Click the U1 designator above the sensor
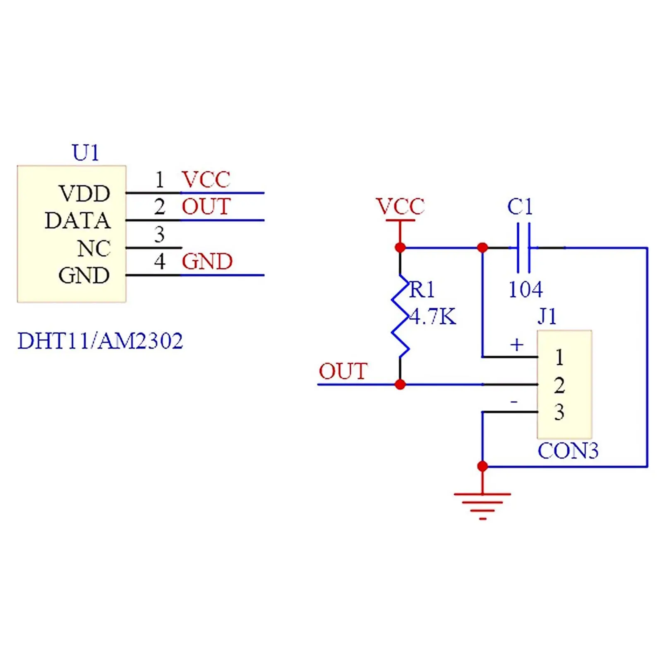pos(86,153)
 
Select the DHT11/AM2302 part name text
pos(100,341)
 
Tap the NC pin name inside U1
pos(94,249)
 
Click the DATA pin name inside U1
pos(78,221)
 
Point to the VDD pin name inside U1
pos(84,193)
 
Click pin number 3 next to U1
pos(159,234)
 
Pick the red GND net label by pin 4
pos(207,261)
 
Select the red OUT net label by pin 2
pos(206,207)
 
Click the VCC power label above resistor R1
pos(400,206)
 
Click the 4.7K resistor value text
pos(433,317)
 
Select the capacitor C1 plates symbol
pos(524,248)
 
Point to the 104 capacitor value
pos(525,289)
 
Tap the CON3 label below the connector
pos(568,451)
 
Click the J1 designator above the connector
pos(547,317)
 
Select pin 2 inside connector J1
pos(559,385)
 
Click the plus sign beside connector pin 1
pos(517,345)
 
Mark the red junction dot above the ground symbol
pos(482,467)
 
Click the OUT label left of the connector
pos(343,371)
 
